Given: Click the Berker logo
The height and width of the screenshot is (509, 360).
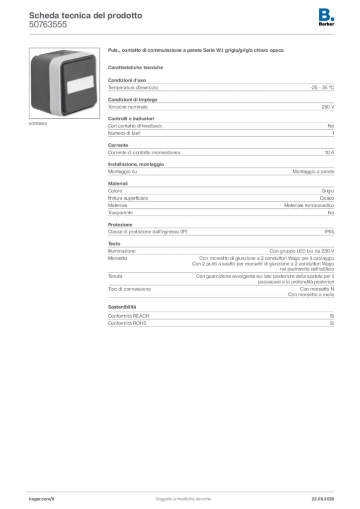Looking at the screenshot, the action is pyautogui.click(x=326, y=17).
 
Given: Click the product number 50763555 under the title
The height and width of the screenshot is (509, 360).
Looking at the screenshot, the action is pyautogui.click(x=48, y=25).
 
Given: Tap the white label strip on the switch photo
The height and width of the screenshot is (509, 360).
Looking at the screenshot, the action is pyautogui.click(x=81, y=85).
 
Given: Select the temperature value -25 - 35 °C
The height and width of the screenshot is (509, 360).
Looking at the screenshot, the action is pyautogui.click(x=322, y=87).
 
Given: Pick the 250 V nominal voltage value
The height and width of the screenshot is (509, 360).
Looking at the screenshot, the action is pyautogui.click(x=328, y=107).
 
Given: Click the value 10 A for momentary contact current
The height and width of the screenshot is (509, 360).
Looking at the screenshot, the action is pyautogui.click(x=330, y=153).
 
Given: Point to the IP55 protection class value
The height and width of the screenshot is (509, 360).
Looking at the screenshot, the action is pyautogui.click(x=329, y=232).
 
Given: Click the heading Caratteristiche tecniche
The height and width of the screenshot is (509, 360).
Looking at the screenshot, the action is pyautogui.click(x=135, y=68).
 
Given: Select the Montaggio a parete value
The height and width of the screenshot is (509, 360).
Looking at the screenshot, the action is pyautogui.click(x=313, y=171).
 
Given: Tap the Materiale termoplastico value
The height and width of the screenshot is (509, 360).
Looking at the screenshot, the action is pyautogui.click(x=309, y=205).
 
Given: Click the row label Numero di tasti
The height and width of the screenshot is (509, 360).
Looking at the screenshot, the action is pyautogui.click(x=124, y=133).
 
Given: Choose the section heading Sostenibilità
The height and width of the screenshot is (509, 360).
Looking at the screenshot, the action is pyautogui.click(x=122, y=307).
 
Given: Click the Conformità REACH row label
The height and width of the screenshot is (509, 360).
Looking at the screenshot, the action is pyautogui.click(x=129, y=316).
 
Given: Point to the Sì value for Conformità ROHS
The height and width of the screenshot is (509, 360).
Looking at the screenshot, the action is pyautogui.click(x=332, y=323).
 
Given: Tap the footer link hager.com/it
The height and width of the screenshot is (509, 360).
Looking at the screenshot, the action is pyautogui.click(x=42, y=499).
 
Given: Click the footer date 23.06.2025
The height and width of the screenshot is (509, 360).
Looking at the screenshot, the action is pyautogui.click(x=323, y=499).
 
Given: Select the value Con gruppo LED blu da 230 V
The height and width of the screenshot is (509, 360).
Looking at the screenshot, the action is pyautogui.click(x=302, y=251).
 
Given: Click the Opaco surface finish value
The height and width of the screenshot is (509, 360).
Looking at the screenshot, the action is pyautogui.click(x=327, y=198).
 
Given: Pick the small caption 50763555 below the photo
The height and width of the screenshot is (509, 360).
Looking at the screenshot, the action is pyautogui.click(x=38, y=124).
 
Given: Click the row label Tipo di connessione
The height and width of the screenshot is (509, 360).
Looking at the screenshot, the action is pyautogui.click(x=129, y=289).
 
